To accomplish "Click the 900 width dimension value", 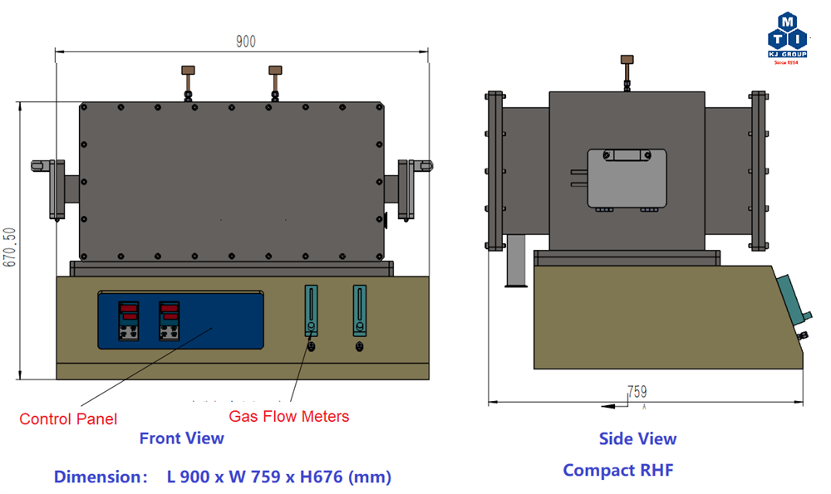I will pyautogui.click(x=245, y=42).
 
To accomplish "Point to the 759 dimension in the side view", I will pyautogui.click(x=637, y=391).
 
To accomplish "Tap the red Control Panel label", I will pyautogui.click(x=68, y=419).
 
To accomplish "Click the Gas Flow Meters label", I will pyautogui.click(x=289, y=417).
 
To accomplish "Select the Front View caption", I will pyautogui.click(x=181, y=438).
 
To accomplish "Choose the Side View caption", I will pyautogui.click(x=637, y=438).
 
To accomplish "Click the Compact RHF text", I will pyautogui.click(x=617, y=470).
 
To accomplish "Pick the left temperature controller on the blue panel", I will pyautogui.click(x=129, y=320).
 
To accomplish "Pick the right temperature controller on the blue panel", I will pyautogui.click(x=170, y=320).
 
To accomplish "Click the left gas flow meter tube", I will pyautogui.click(x=311, y=311).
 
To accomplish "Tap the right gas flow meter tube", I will pyautogui.click(x=359, y=311).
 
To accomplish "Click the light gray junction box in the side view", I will pyautogui.click(x=627, y=178).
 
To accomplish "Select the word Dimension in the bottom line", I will pyautogui.click(x=95, y=477).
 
